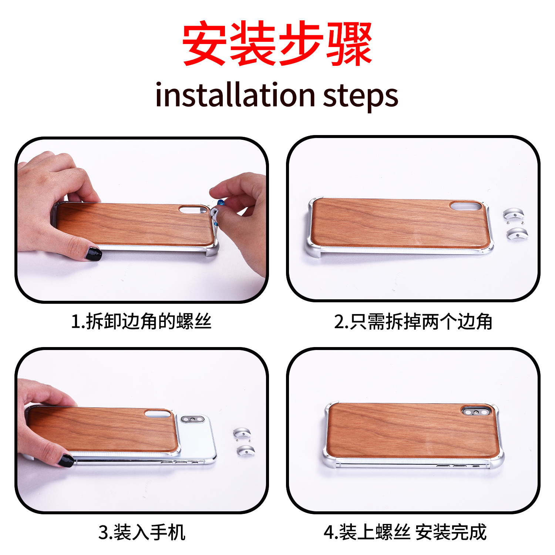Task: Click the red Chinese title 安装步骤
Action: tap(277, 44)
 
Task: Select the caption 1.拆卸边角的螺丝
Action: tap(141, 321)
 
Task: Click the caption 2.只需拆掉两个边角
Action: tap(413, 321)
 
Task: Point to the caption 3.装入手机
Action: tap(142, 532)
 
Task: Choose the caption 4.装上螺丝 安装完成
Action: tap(405, 532)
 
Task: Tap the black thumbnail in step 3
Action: tap(66, 461)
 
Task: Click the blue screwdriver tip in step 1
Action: tap(221, 202)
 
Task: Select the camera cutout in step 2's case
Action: tap(466, 206)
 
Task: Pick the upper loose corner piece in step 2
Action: tap(514, 214)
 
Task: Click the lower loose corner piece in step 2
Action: tap(517, 233)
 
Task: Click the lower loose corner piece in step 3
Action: tap(246, 450)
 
